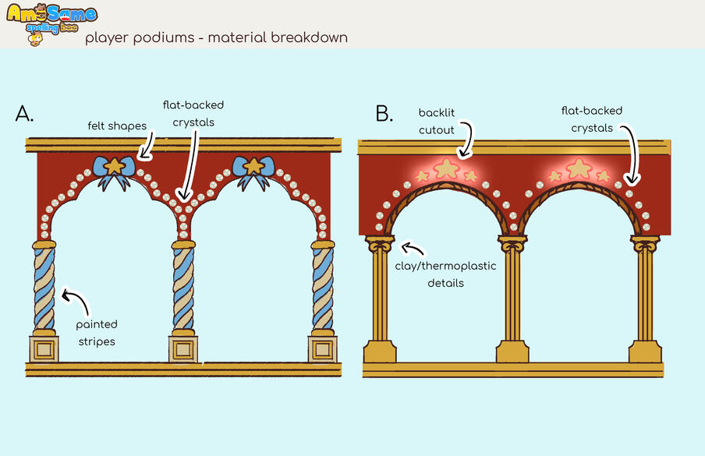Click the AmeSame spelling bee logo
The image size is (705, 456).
[51, 23]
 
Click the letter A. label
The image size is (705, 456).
[25, 114]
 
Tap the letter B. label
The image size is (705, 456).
[384, 114]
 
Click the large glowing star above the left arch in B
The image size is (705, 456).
[446, 167]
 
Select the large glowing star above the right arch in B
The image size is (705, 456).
[579, 167]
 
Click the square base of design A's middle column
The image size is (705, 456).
[183, 348]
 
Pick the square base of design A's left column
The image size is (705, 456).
[44, 348]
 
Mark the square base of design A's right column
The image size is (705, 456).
[322, 348]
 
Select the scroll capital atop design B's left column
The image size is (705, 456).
[379, 244]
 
